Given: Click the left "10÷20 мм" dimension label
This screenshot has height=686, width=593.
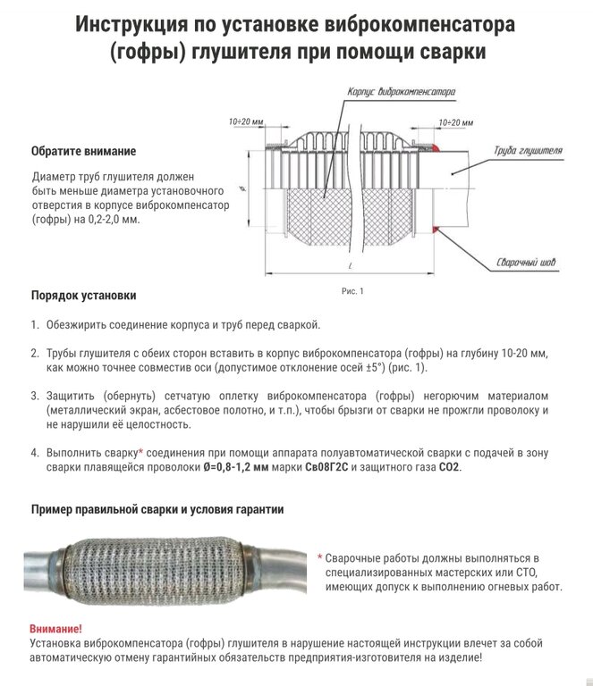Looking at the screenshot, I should click(245, 120).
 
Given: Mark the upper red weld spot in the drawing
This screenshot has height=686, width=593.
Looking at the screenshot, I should click(436, 148).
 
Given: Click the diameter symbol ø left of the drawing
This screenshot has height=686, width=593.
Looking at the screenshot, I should click(243, 189).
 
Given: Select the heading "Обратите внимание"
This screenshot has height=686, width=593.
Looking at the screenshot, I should click(83, 151).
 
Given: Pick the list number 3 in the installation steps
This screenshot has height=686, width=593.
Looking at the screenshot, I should click(34, 395).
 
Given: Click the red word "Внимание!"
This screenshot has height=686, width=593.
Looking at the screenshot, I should click(55, 628).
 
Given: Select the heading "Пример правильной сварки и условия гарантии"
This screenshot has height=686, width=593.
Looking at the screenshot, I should click(157, 510).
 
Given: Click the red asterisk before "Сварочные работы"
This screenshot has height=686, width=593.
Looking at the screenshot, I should click(320, 556).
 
